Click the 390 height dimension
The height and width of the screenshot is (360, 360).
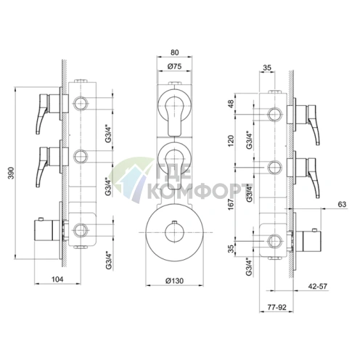tap(11, 173)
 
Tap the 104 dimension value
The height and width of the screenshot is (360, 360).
tap(57, 279)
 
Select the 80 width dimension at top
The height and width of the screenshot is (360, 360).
tap(174, 52)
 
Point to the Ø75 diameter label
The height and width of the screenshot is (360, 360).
tap(174, 66)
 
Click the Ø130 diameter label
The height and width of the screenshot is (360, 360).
tap(174, 281)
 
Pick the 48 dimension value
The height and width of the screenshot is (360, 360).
tap(232, 105)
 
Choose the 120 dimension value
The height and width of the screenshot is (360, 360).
tap(232, 141)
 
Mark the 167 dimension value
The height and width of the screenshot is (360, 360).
tap(232, 204)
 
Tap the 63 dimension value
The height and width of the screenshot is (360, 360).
tap(342, 205)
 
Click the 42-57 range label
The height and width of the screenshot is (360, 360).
tap(317, 287)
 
